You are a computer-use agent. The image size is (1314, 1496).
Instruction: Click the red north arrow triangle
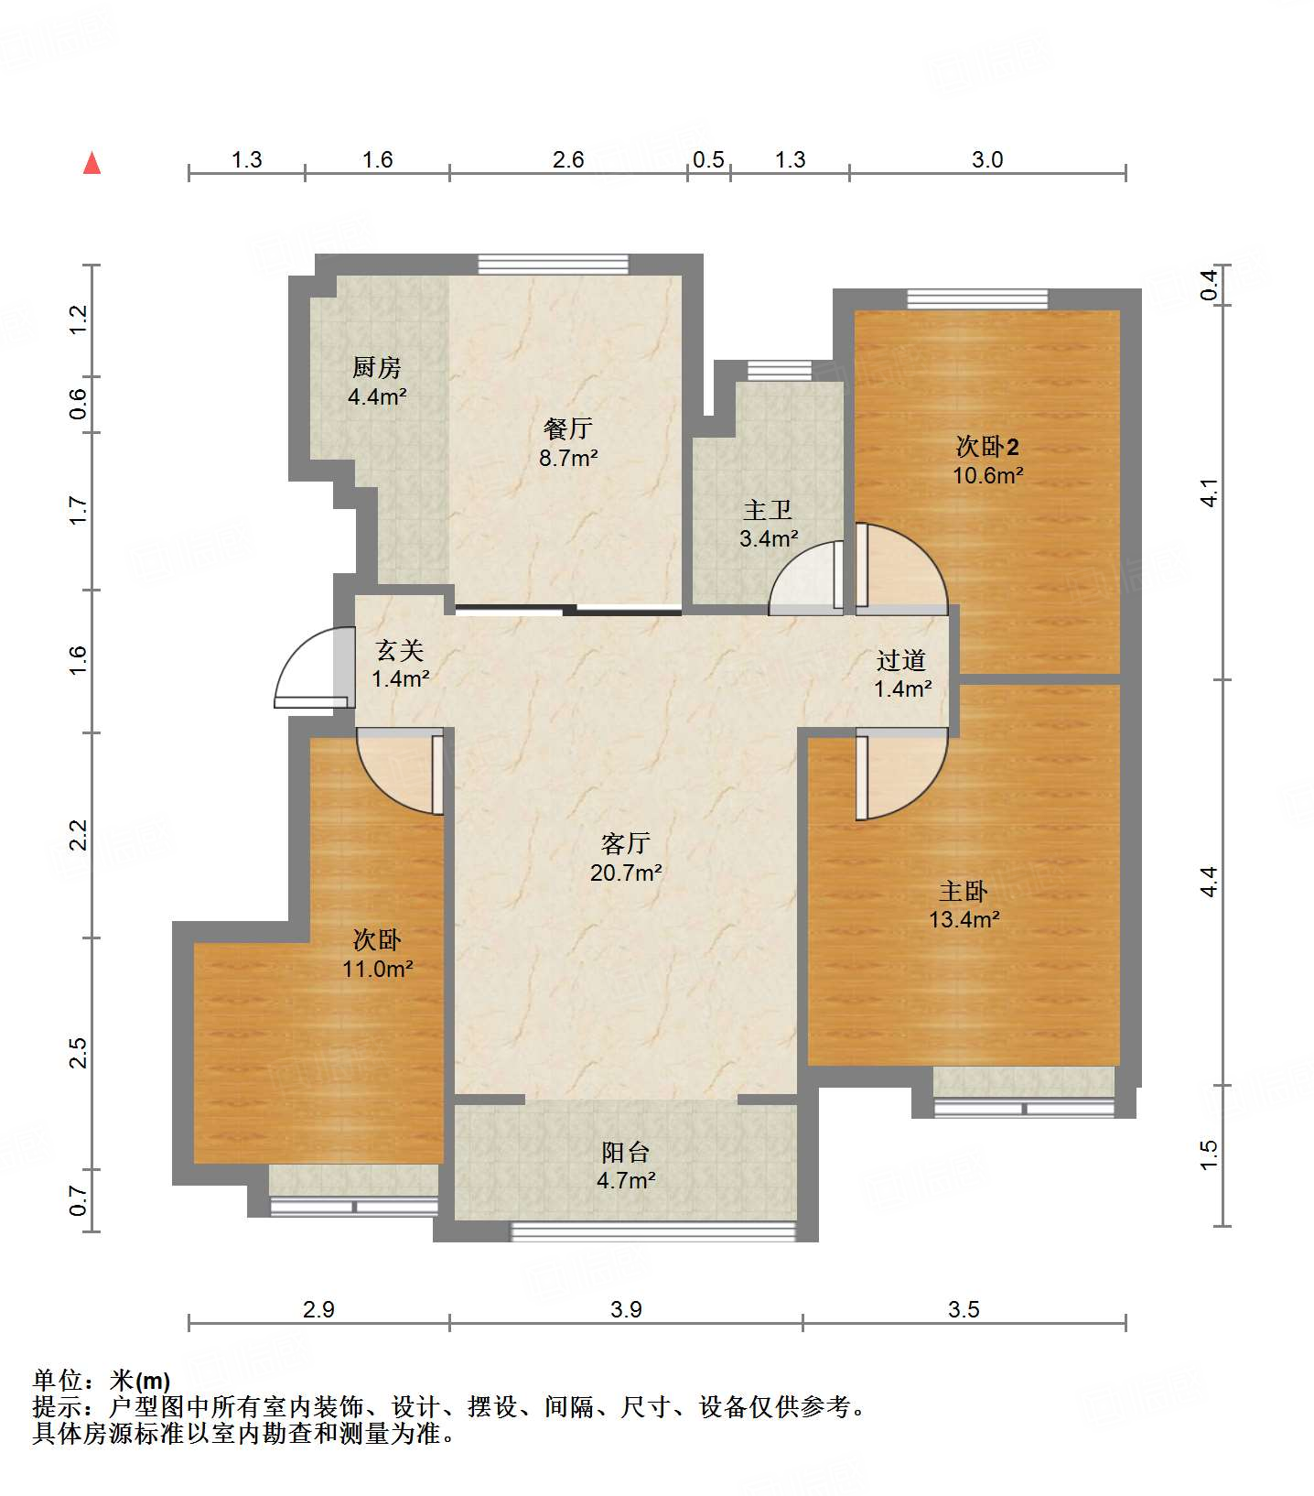point(92,163)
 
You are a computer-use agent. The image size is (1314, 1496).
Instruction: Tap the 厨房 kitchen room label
point(377,367)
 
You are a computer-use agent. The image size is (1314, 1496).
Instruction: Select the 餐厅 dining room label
point(568,428)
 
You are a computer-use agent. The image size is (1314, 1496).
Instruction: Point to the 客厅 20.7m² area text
point(626,873)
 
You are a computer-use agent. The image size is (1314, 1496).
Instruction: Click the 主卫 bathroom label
point(768,509)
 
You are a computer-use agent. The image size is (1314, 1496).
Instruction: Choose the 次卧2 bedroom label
point(987,446)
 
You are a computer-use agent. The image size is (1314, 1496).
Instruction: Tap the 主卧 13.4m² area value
point(964,919)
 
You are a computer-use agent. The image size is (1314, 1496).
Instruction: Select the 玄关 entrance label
point(400,650)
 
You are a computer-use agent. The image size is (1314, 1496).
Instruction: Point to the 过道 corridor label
point(901,660)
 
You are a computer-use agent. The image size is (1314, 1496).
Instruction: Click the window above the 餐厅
point(554,265)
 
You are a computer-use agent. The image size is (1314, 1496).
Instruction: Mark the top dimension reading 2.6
point(568,159)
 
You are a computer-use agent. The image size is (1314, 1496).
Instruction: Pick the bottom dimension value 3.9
point(626,1309)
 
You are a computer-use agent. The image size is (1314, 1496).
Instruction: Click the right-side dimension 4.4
point(1210,882)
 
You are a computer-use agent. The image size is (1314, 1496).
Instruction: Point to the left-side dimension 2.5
point(80,1053)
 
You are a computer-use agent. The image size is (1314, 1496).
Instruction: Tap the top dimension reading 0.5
point(708,159)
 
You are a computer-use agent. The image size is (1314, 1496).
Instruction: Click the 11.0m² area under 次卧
point(378,969)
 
